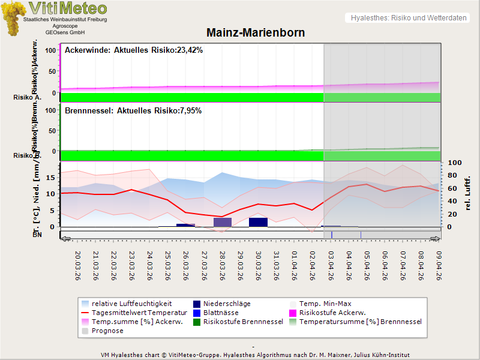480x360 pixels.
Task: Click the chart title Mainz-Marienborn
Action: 256,33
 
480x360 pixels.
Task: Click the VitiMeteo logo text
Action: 68,8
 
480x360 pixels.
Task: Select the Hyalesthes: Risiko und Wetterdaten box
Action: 407,18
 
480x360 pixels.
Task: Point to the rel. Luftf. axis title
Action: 467,193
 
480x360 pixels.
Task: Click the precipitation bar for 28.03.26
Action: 223,222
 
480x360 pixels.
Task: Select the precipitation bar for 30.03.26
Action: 258,222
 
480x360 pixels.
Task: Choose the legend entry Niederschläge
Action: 226,304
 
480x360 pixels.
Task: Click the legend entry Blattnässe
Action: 221,313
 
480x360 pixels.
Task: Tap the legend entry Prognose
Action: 107,331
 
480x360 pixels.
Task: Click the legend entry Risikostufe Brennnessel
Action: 243,322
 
